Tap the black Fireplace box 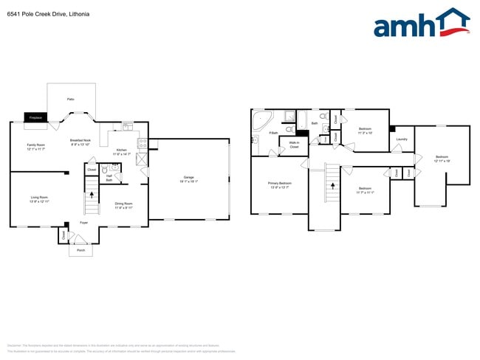[35, 117]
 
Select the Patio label [71, 99]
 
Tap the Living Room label [39, 199]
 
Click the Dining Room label [123, 205]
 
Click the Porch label [81, 250]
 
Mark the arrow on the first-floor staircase [92, 195]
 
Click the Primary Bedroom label [280, 184]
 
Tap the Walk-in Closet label [294, 145]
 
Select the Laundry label [402, 139]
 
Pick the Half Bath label [109, 178]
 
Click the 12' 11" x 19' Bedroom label [442, 159]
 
